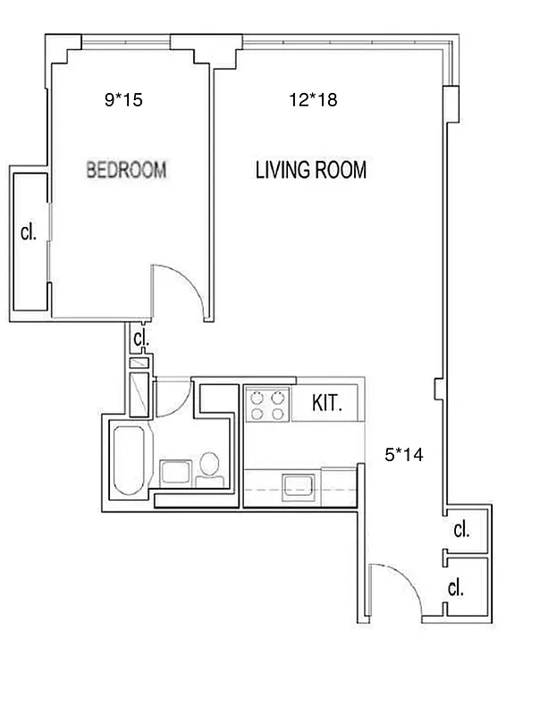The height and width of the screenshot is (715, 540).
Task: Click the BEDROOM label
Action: [126, 170]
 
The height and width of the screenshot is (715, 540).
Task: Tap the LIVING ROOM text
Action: [311, 171]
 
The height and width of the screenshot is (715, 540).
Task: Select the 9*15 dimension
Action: [123, 101]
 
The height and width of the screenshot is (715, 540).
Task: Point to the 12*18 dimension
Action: [313, 101]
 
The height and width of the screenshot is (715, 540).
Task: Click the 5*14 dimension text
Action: [402, 455]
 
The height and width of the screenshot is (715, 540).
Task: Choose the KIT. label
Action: [328, 402]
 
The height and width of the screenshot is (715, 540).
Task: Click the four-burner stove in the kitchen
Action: [269, 404]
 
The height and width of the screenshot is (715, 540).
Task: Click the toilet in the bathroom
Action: [209, 468]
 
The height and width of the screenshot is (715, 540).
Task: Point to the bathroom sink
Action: [175, 472]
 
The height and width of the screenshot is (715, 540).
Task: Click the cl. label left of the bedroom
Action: [29, 233]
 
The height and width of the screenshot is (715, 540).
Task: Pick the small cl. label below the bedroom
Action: [139, 340]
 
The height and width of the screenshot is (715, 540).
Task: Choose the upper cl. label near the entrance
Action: [461, 530]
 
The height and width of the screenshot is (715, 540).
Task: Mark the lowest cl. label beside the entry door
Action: [456, 588]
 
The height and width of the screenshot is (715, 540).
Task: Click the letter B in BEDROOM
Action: [91, 170]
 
